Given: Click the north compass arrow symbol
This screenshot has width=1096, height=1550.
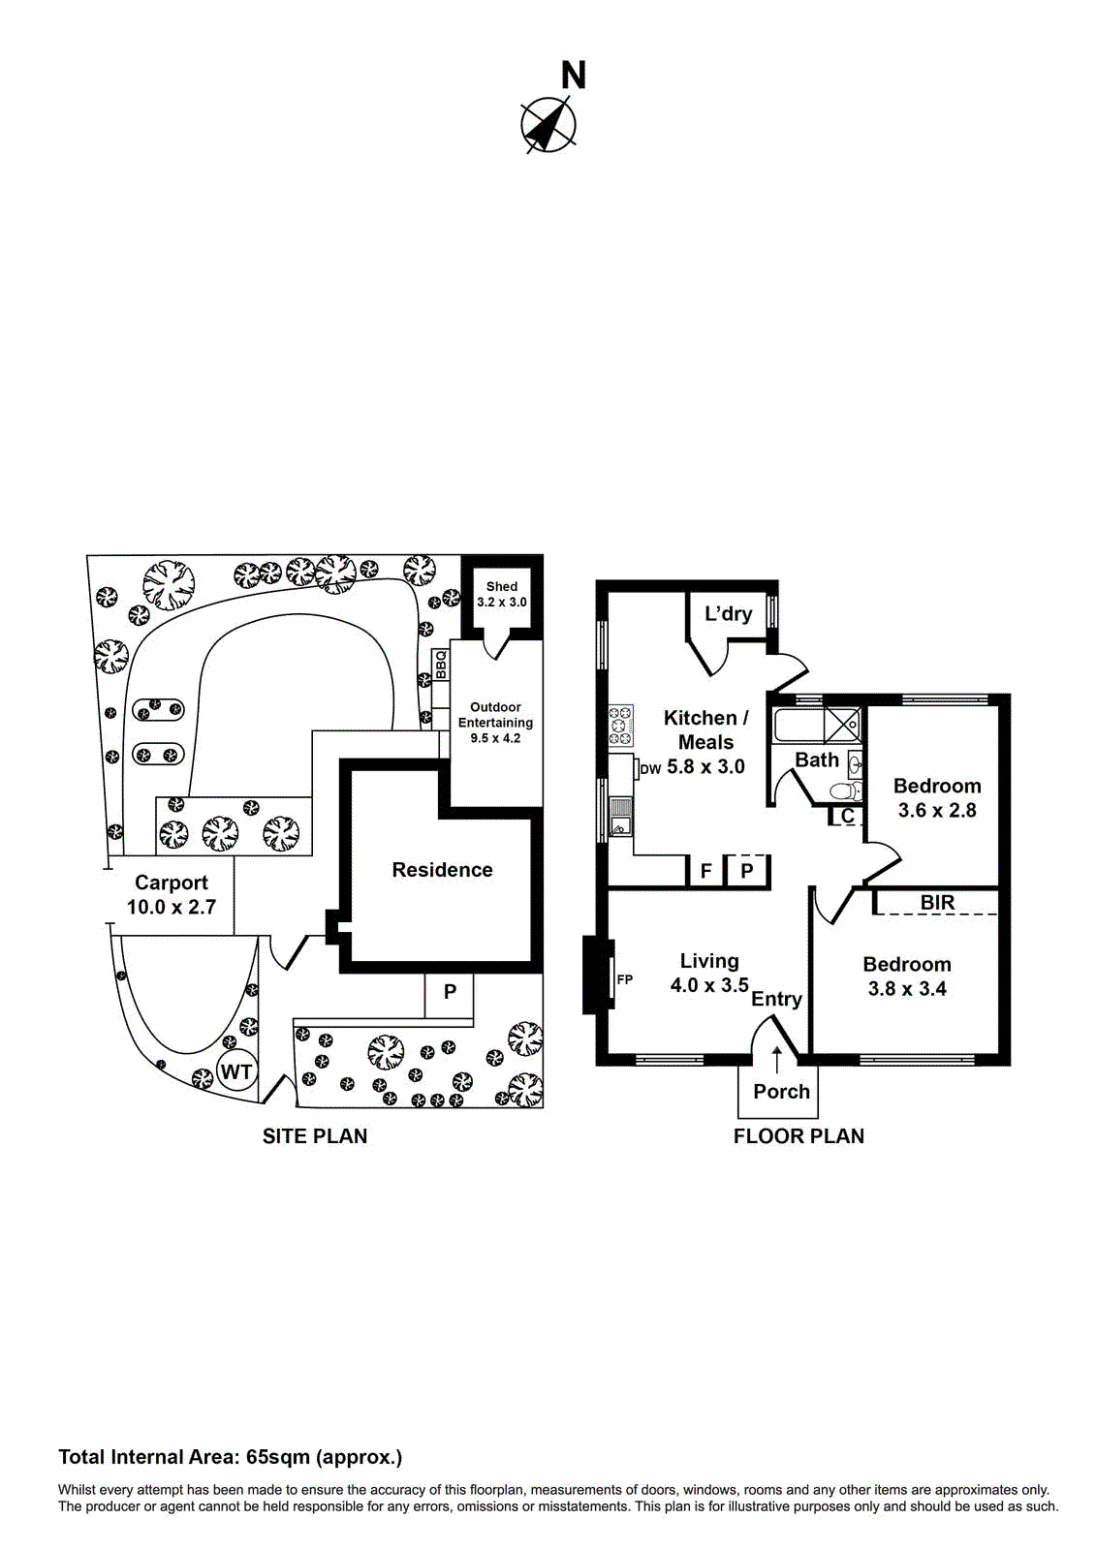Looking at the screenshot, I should tap(548, 125).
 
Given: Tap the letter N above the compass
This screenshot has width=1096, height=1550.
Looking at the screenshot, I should tap(574, 76).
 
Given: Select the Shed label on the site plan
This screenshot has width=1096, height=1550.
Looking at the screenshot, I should tap(502, 586).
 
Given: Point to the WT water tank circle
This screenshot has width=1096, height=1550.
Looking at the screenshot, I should tap(235, 1071).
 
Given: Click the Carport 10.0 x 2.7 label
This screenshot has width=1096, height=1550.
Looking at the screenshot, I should tap(172, 895).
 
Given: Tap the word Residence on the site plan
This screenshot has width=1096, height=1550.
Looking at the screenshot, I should tap(442, 870).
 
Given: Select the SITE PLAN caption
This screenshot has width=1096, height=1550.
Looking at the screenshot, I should tap(315, 1136).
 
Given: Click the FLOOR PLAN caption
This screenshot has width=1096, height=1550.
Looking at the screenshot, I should tap(799, 1136).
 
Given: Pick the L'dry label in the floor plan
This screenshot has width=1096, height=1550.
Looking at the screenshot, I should tap(728, 613).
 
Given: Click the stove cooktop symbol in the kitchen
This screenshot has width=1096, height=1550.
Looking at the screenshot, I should tap(620, 726).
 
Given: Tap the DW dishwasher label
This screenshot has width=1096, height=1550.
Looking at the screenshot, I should tap(650, 769).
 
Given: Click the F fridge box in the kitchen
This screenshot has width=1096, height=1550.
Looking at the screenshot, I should tap(706, 871).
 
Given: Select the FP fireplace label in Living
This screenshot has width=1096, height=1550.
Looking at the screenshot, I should tap(625, 979).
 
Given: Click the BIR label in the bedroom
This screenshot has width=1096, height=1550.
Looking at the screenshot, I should tap(937, 903).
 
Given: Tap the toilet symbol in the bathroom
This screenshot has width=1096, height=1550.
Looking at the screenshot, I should tap(844, 791).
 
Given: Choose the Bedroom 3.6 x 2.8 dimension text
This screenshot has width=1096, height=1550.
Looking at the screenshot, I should tap(937, 810).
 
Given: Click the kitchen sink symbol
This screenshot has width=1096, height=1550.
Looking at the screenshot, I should tap(620, 818).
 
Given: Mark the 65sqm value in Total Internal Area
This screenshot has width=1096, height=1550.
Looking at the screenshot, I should tap(278, 1457).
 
